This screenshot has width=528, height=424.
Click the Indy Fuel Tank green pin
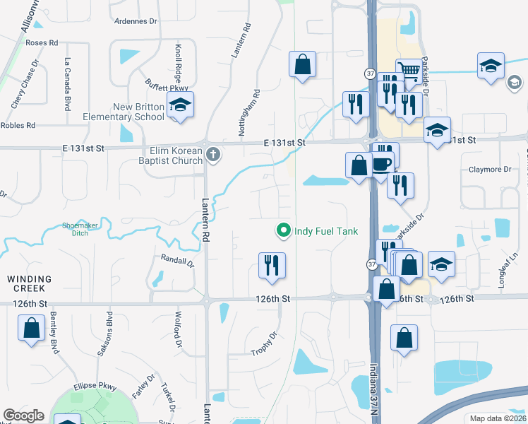(x=283, y=230)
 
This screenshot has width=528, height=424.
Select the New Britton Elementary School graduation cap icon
(x=181, y=105)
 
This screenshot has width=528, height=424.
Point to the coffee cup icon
(x=382, y=163)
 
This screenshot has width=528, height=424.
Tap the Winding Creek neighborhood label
(x=27, y=283)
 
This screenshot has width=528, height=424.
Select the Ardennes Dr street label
(x=136, y=20)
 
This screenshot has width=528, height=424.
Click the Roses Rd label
(x=42, y=43)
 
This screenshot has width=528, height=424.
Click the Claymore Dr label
(x=490, y=170)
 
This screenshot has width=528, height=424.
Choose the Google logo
(x=23, y=416)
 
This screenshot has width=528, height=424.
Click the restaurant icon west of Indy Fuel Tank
(x=272, y=265)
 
